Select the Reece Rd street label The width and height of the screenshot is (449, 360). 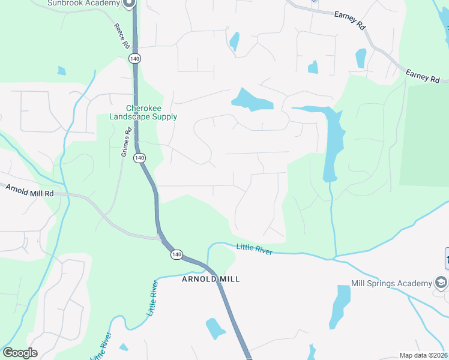(x=121, y=36)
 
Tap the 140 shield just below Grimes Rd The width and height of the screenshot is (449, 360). (x=139, y=158)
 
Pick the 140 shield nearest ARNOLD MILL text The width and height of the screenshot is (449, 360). (x=176, y=254)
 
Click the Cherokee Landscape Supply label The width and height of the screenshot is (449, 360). (x=143, y=113)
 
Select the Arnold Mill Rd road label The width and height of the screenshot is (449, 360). (x=30, y=190)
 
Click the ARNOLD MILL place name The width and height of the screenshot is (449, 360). (x=211, y=279)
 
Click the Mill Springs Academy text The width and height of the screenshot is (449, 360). (x=391, y=283)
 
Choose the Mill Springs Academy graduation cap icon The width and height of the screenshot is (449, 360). (x=441, y=283)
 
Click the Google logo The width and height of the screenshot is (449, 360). (x=20, y=353)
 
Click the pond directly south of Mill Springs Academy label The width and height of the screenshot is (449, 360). (x=340, y=306)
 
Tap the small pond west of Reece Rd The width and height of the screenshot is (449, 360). (x=62, y=71)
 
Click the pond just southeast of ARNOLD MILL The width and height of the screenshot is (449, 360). (x=215, y=328)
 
